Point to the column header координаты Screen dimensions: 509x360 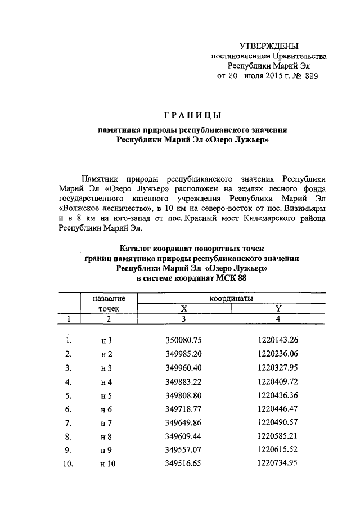coord(231,298)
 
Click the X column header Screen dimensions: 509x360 coord(183,308)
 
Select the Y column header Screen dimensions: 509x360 coord(277,308)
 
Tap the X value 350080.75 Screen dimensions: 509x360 coord(183,340)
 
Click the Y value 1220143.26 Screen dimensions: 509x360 coord(277,340)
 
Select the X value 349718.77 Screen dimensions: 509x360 coord(183,408)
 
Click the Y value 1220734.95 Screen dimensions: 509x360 coord(277,463)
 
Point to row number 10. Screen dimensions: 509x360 coord(67,463)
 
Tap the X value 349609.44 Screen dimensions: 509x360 coord(183,436)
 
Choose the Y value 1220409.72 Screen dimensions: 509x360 coord(277,381)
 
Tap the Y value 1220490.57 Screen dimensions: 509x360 coord(277,422)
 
